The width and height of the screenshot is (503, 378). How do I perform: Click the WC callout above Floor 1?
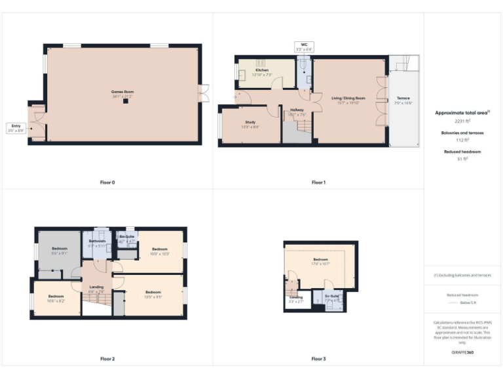[305, 47]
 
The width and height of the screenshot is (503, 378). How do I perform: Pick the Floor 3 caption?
[318, 359]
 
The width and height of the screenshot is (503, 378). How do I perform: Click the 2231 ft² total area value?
[462, 121]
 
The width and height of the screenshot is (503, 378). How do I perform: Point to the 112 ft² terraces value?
[462, 140]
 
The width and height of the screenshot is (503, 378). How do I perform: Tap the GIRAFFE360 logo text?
[462, 353]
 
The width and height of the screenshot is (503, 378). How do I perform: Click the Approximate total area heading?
[461, 113]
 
